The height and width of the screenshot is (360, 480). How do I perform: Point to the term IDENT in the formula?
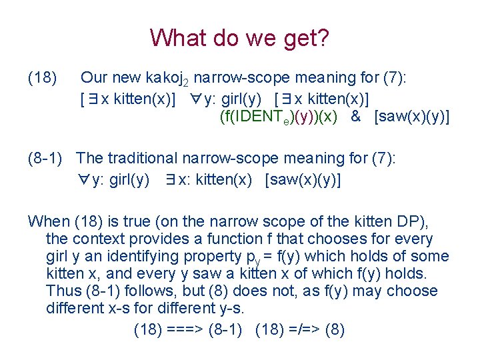click(x=262, y=117)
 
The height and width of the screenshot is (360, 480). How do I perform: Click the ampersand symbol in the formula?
click(x=355, y=117)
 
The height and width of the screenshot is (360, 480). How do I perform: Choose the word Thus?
click(x=62, y=291)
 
